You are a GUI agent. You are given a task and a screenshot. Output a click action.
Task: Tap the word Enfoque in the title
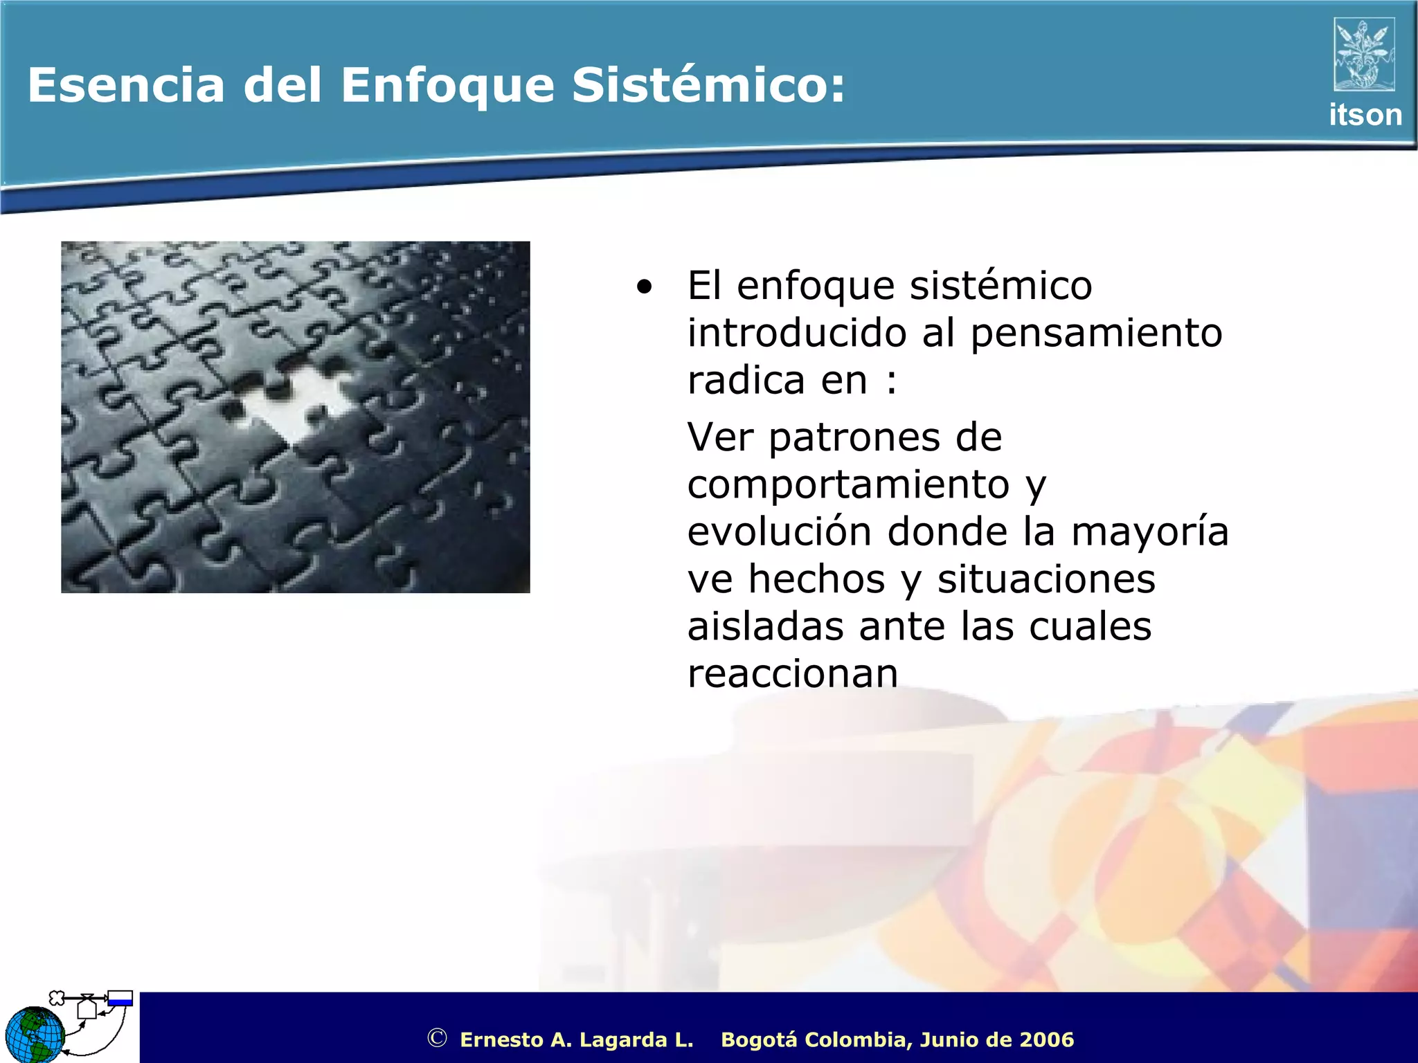447,87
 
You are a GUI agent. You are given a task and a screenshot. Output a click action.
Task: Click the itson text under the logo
1365,115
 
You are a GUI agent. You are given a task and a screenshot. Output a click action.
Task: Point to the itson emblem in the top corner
1364,55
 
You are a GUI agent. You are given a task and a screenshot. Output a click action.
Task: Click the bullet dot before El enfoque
645,287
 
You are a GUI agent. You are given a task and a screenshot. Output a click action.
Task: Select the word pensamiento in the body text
1096,334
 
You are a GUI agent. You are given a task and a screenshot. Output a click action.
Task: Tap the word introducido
796,334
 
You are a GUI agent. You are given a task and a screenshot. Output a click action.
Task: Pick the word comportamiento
848,484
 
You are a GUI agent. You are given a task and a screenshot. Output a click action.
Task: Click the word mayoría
1149,533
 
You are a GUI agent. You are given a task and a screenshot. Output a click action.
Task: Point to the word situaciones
1045,579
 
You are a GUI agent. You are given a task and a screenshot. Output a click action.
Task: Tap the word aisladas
765,626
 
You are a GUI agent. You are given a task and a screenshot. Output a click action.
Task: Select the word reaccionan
792,673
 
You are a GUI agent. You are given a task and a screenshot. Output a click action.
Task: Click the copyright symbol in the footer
437,1038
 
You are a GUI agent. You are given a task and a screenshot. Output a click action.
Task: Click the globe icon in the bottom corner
33,1034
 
